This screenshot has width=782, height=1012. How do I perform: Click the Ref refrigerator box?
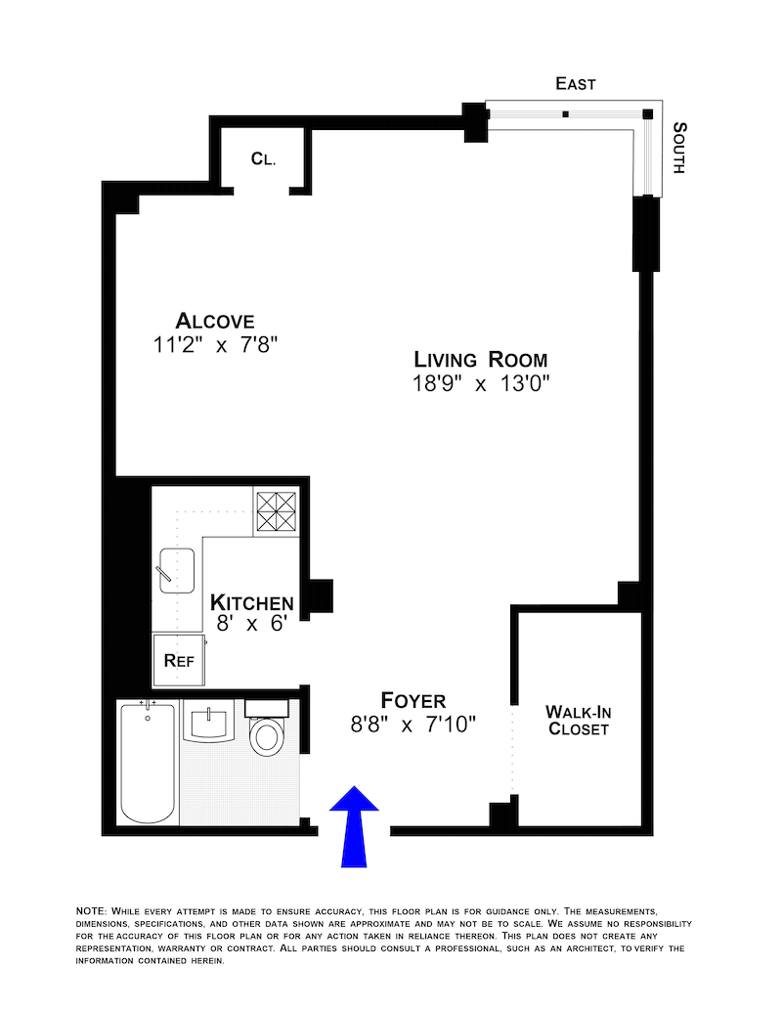tap(178, 660)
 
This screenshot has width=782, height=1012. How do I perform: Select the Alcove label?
tap(215, 321)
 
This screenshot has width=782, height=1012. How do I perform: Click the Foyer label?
tap(413, 700)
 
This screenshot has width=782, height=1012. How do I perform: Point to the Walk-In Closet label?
tap(578, 721)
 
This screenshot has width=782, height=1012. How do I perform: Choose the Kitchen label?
tap(252, 601)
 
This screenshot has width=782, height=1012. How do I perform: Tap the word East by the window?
tap(576, 85)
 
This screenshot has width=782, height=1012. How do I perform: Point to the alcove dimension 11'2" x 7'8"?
tap(215, 345)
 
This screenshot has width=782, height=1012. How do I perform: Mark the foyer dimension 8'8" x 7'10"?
tap(413, 725)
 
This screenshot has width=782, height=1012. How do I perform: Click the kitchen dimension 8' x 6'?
tap(250, 625)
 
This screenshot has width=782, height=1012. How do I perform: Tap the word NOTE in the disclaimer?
tap(92, 911)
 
